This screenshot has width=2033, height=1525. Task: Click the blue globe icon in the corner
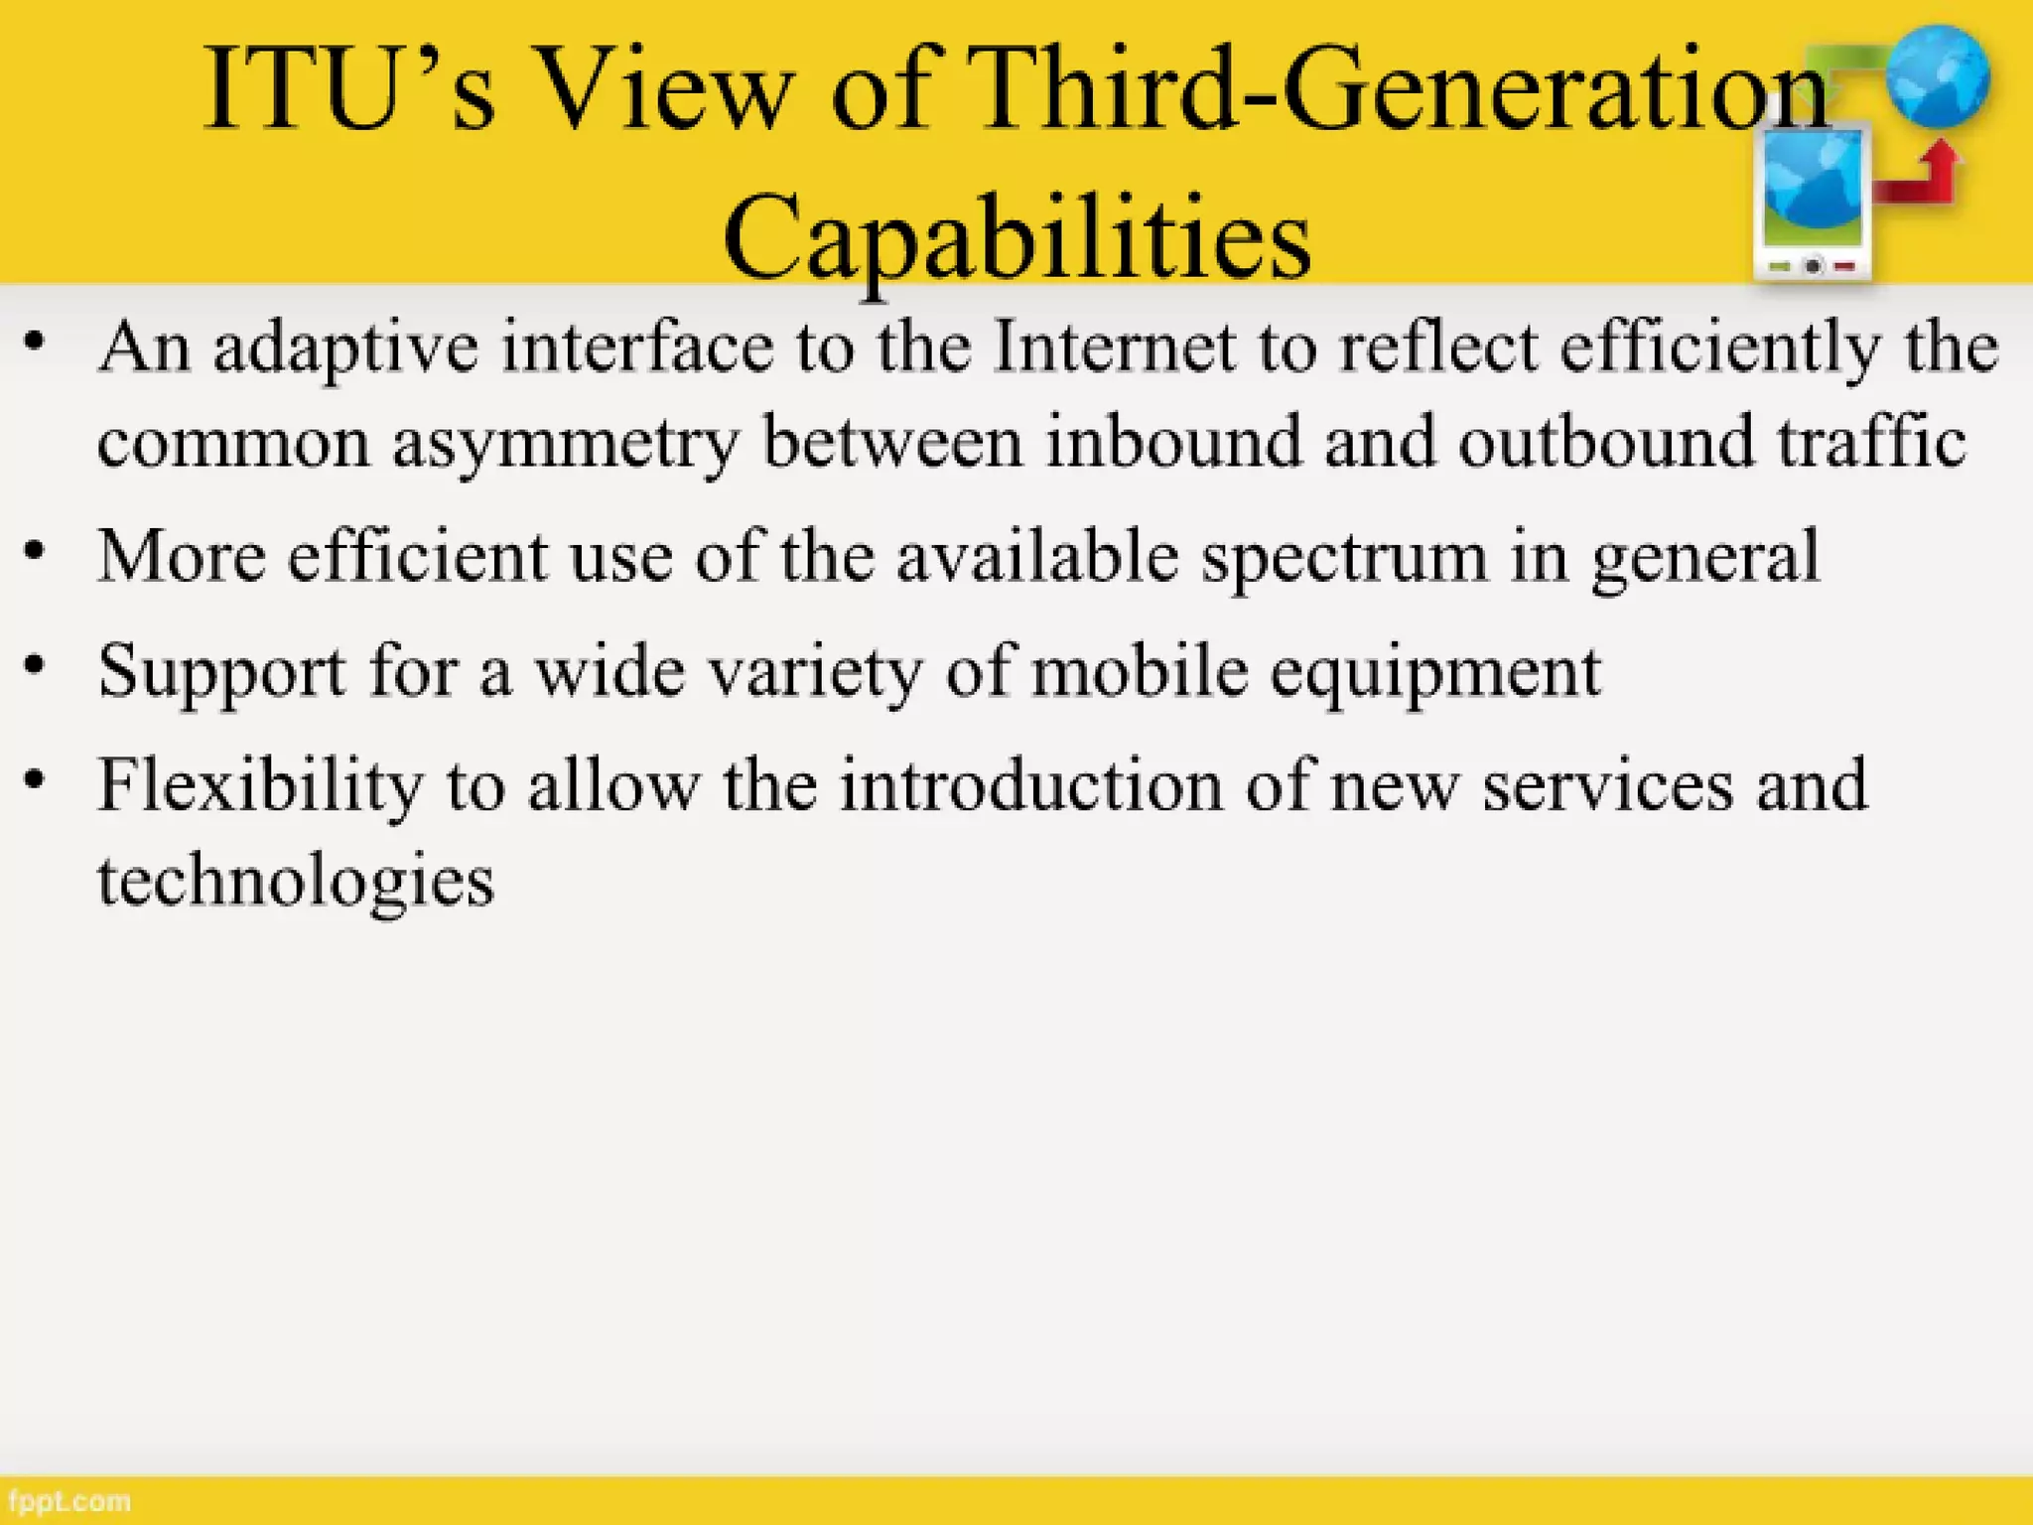click(1938, 77)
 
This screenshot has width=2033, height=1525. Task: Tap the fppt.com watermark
click(68, 1500)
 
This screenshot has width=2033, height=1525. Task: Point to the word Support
click(221, 672)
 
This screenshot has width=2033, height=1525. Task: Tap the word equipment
click(1435, 672)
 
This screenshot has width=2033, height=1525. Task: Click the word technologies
click(296, 881)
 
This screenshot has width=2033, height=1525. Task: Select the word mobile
click(1140, 670)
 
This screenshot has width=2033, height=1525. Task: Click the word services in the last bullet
click(1608, 785)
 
